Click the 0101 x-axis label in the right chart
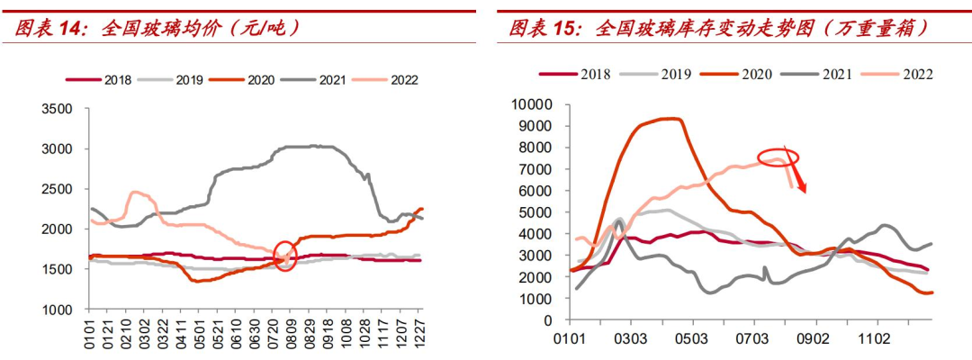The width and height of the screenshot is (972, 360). click(571, 340)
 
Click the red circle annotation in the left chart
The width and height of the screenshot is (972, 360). click(285, 256)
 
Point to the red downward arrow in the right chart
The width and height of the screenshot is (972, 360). click(796, 173)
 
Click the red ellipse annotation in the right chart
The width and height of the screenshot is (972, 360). click(778, 157)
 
